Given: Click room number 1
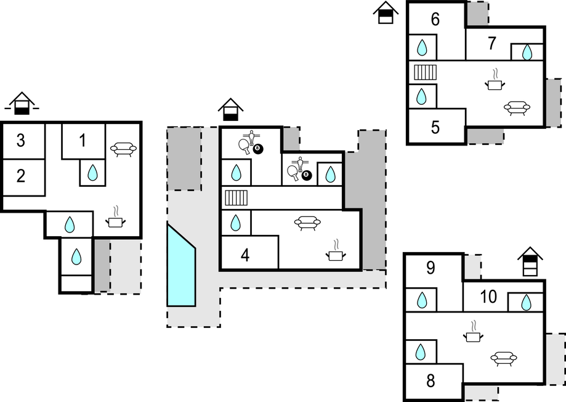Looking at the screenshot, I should click(x=83, y=141).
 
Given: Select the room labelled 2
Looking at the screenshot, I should click(x=21, y=176).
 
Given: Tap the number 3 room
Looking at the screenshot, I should click(x=20, y=141).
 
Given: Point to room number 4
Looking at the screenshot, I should click(x=245, y=254).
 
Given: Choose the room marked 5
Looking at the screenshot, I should click(x=435, y=128).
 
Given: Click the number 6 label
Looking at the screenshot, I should click(x=435, y=19).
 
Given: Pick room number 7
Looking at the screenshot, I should click(x=491, y=44).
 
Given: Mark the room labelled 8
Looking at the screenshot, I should click(x=431, y=380).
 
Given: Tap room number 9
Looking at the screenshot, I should click(x=431, y=268).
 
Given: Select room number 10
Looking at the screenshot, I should click(x=488, y=297).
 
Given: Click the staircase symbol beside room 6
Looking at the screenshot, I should click(x=425, y=72).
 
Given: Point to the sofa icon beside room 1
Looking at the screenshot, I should click(x=123, y=148).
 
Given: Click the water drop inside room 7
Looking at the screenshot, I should click(x=527, y=52).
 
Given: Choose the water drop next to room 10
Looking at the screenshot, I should click(x=526, y=303).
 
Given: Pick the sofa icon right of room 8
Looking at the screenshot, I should click(x=504, y=357).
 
